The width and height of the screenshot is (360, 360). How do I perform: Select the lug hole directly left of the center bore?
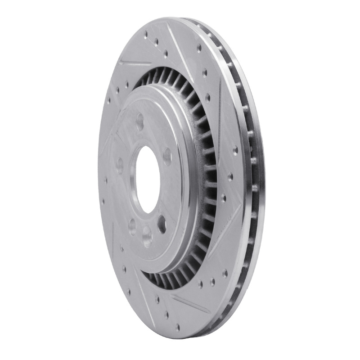(x=120, y=164)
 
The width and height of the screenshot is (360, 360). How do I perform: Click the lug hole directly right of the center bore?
(x=167, y=156)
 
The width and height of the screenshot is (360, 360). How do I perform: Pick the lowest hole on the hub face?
(x=147, y=232)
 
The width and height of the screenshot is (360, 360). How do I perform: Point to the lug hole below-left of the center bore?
(x=132, y=224)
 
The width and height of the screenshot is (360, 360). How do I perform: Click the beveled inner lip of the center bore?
(x=134, y=180)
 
